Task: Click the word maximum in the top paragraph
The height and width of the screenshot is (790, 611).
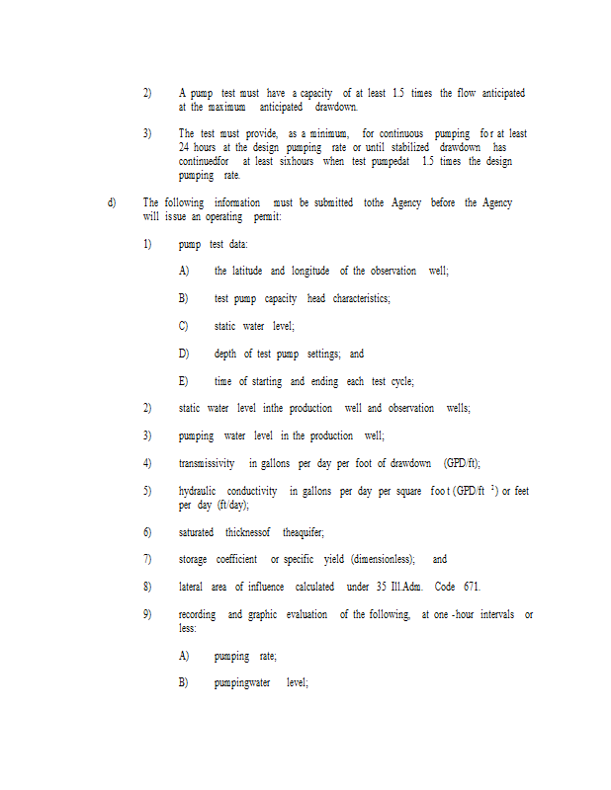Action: point(226,107)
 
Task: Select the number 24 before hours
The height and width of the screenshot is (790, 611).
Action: point(185,147)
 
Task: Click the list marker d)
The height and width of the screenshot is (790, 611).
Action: point(111,202)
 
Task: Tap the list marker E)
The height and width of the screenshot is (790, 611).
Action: point(183,381)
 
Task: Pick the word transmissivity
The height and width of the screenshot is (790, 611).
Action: point(207,463)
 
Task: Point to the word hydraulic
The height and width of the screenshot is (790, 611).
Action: point(199,491)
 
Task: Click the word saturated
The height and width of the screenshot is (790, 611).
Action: point(196,532)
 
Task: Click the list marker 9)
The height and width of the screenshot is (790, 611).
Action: point(147,614)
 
